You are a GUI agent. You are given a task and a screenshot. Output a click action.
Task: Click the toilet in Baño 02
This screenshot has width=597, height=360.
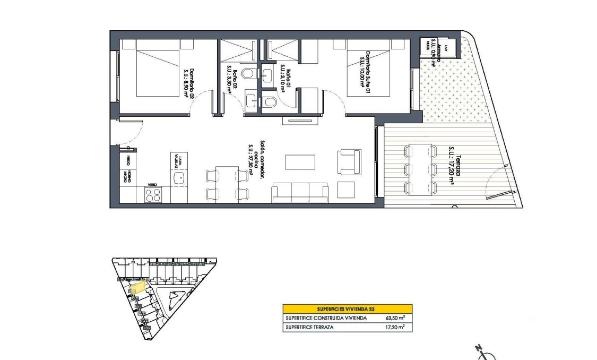(x=248, y=73)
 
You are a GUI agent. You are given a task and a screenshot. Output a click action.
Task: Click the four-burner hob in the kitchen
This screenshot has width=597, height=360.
(x=153, y=195)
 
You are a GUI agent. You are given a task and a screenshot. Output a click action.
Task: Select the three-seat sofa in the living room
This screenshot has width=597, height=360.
(x=300, y=192)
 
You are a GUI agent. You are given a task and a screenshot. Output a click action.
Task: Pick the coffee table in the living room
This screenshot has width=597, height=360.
(x=300, y=161)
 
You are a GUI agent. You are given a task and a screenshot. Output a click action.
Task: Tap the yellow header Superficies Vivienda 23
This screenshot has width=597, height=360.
(x=347, y=308)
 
